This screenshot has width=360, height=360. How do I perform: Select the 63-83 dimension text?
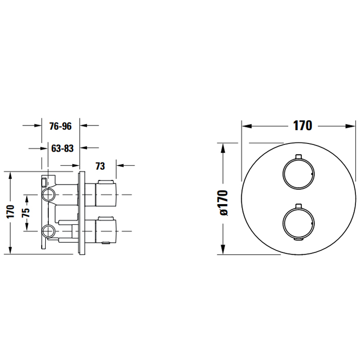(x=63, y=148)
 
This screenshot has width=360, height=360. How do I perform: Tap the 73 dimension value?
(x=100, y=166)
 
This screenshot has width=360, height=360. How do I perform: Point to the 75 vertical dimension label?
(x=27, y=211)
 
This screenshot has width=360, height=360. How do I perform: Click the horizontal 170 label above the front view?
(x=302, y=125)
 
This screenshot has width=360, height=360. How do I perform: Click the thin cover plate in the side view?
(x=81, y=211)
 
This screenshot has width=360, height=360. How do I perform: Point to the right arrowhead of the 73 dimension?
(x=119, y=166)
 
